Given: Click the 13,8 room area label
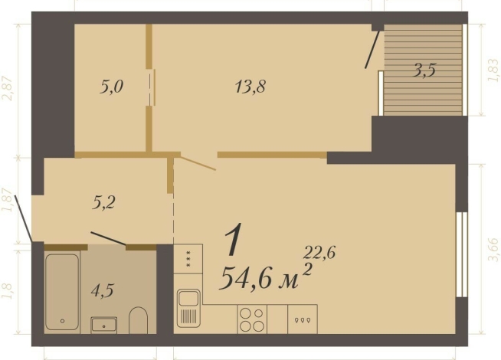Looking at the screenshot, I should point(250,87).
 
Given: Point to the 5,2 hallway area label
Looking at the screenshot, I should point(104,202).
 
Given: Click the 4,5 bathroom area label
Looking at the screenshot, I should point(103,290).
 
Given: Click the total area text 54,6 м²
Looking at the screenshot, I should point(265,277).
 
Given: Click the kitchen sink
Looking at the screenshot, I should point(188,310).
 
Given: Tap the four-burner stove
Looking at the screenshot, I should point(252,318).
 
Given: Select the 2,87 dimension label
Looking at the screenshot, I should point(8,87).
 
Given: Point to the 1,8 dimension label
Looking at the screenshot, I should point(8,291).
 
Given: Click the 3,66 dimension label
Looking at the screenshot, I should point(492,250).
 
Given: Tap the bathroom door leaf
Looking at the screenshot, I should point(108,237).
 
